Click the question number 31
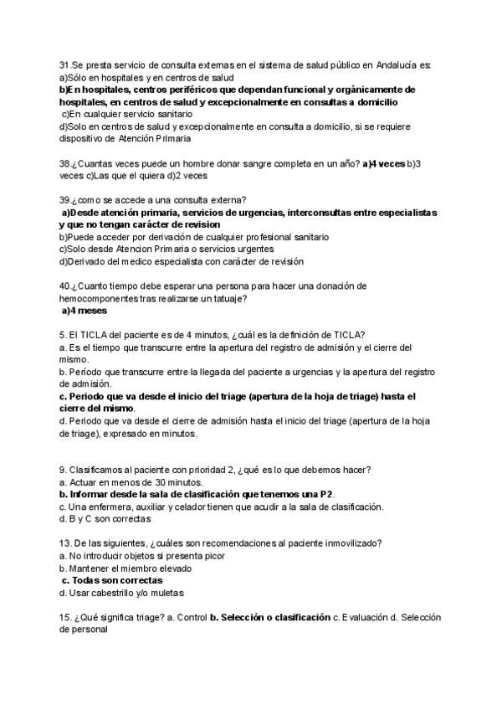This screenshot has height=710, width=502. point(64,65)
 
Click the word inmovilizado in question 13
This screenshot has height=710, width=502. point(351,543)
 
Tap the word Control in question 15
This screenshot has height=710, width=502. point(188,617)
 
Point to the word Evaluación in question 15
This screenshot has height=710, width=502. point(365,617)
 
